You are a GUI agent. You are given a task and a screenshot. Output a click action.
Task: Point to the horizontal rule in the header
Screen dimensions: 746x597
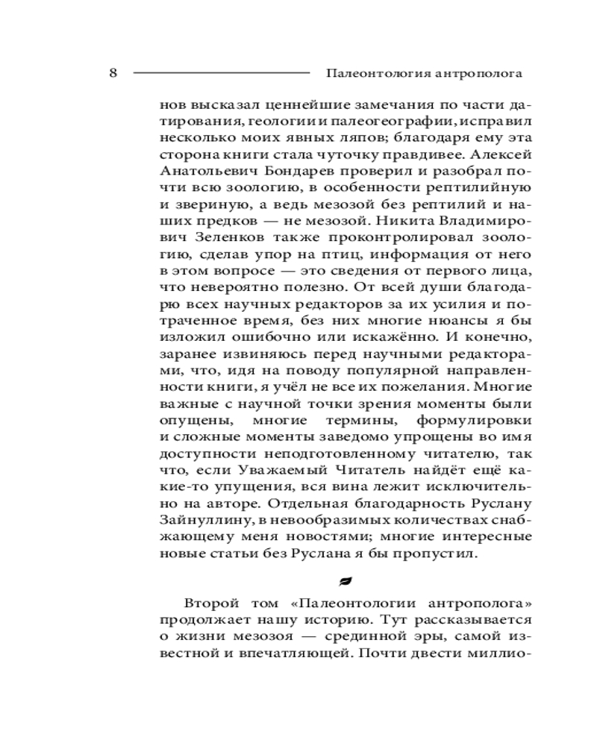tap(221, 73)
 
